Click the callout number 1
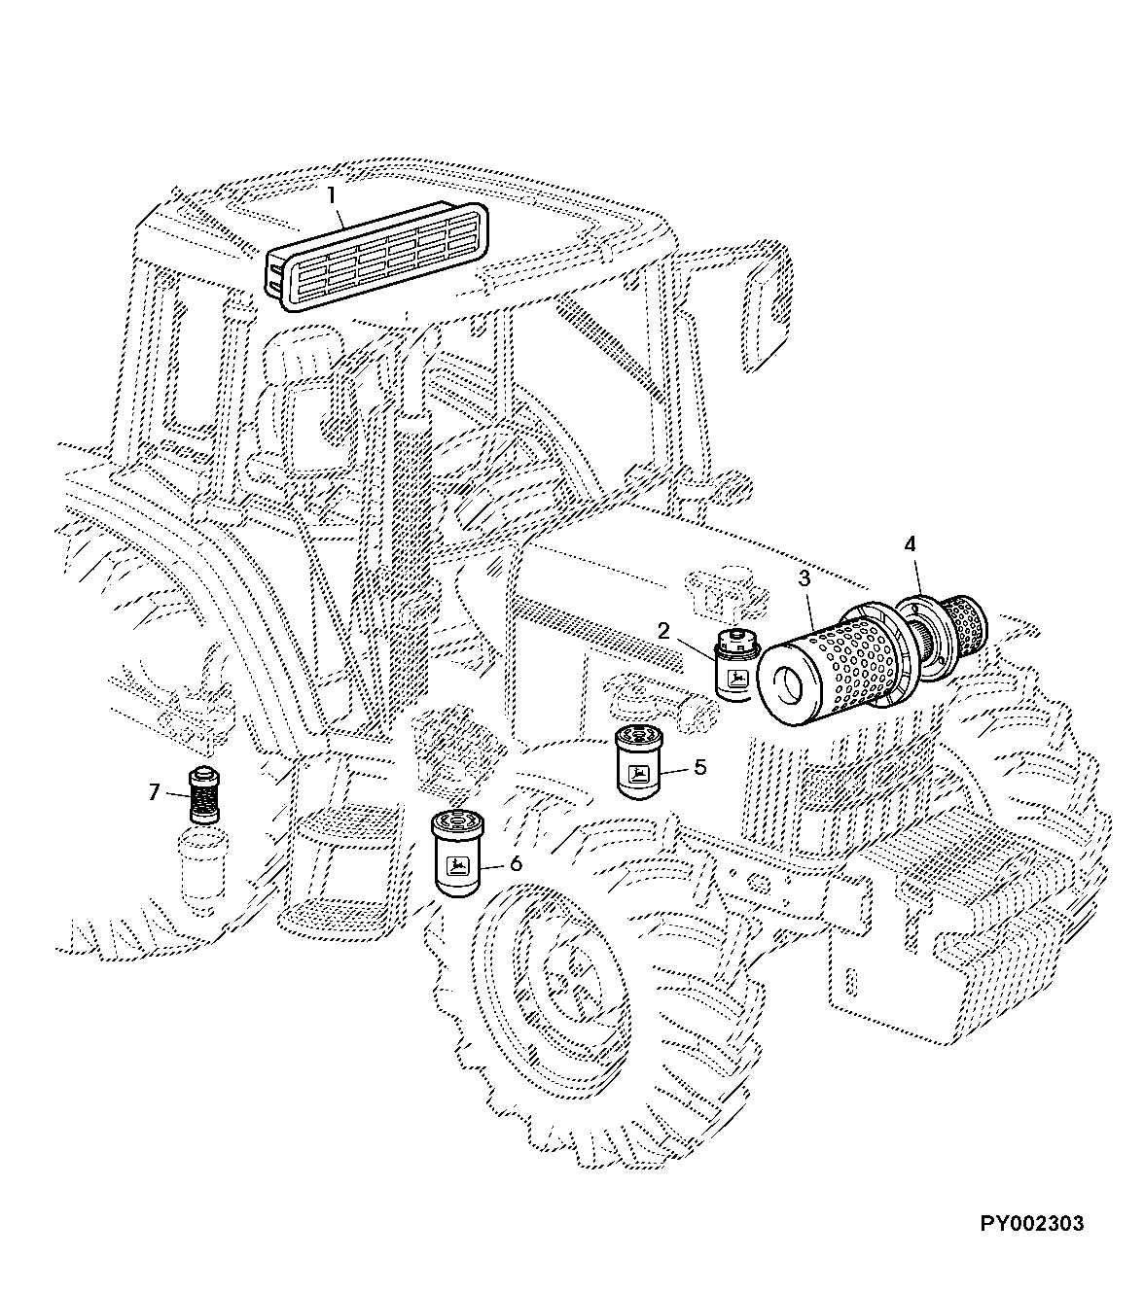[331, 195]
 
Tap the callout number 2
[663, 631]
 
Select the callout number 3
[804, 578]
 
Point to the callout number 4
[910, 544]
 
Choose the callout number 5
[700, 767]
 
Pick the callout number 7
[154, 792]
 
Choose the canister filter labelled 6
[457, 853]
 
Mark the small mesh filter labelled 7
[204, 794]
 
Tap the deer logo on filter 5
[637, 774]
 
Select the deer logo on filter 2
[737, 678]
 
